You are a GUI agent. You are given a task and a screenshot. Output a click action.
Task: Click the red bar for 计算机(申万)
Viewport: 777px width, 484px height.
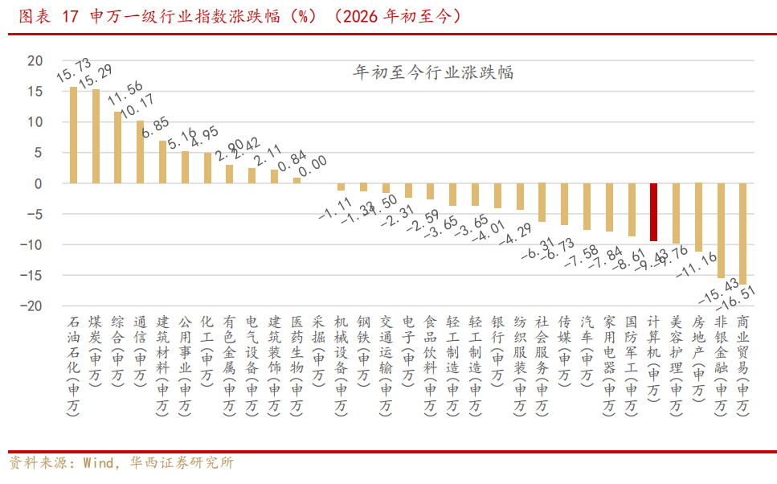[653, 212]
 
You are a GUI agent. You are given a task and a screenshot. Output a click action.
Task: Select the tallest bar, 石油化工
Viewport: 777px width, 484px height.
[74, 135]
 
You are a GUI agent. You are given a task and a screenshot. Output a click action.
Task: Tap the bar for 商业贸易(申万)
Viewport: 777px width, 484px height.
[743, 234]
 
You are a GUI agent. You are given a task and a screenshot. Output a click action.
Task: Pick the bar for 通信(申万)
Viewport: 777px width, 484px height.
[141, 152]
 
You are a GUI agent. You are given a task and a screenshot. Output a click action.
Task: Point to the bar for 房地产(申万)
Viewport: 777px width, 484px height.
[698, 217]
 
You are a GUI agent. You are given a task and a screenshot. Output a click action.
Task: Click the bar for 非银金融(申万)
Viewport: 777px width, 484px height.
[721, 231]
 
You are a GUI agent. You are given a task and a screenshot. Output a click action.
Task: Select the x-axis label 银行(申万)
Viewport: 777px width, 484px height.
[497, 355]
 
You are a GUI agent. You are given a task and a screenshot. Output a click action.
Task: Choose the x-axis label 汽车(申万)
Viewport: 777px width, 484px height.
[587, 355]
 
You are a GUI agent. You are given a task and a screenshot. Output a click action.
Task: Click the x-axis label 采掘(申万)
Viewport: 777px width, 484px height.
[319, 355]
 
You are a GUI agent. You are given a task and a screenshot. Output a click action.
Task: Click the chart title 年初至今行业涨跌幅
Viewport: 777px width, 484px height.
[434, 72]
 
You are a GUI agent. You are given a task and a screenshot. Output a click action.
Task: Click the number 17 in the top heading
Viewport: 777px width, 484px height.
[70, 17]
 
